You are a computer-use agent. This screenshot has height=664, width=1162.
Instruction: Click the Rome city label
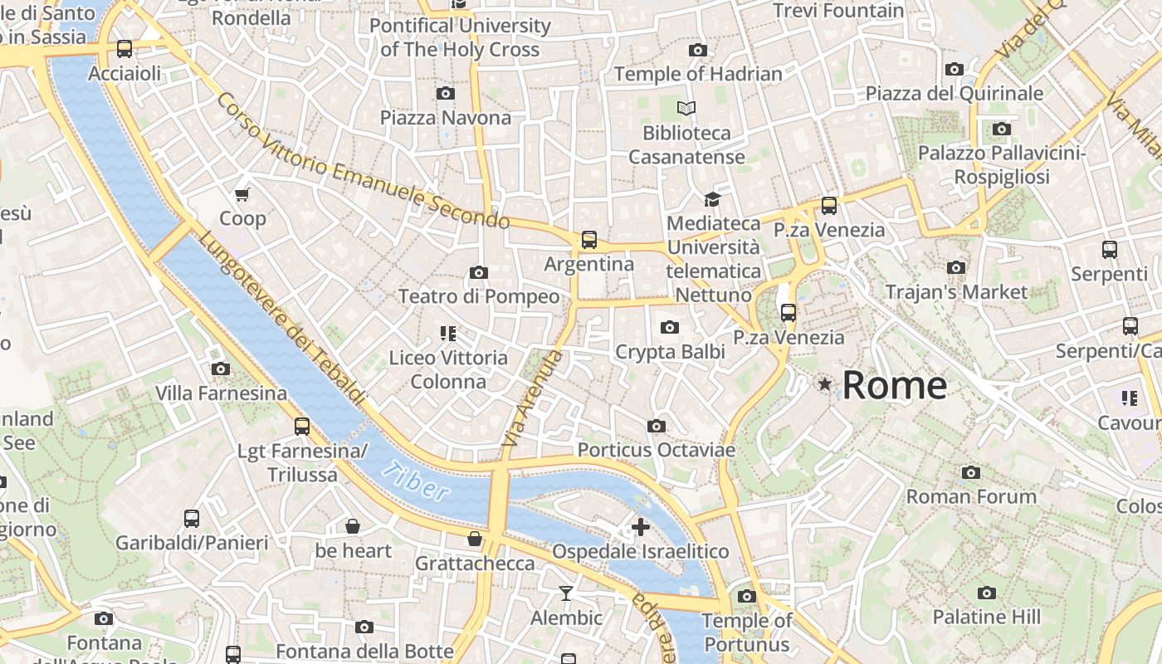coord(894,386)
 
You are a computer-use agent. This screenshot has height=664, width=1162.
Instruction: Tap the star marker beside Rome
coord(825,384)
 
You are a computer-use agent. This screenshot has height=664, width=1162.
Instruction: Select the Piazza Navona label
coord(446,118)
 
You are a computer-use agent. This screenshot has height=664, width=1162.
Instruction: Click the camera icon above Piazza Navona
coord(446,93)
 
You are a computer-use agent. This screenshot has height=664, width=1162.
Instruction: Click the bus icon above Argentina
coord(589,240)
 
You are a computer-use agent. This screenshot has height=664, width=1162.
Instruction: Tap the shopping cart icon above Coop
coord(242,195)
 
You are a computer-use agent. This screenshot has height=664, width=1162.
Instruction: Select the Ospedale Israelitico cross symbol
coord(640,527)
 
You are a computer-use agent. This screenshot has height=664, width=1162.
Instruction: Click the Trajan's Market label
coord(956,292)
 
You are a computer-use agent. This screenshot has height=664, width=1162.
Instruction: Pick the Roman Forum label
coord(970,496)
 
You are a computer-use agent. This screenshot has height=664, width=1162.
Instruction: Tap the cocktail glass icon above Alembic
coord(566,593)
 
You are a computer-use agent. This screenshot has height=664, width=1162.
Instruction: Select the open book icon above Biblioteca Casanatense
coord(686,108)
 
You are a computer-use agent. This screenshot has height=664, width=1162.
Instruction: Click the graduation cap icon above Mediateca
coord(712,199)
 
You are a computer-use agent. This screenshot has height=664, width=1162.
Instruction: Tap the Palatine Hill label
coord(986,617)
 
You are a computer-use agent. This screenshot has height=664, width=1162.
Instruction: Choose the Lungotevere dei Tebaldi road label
coord(282,318)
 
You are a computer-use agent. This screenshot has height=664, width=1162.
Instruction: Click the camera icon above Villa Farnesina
coord(221,369)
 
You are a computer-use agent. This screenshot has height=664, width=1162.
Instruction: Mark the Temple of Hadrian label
coord(698,74)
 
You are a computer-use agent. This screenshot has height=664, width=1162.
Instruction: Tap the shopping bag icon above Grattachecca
coord(475,539)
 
